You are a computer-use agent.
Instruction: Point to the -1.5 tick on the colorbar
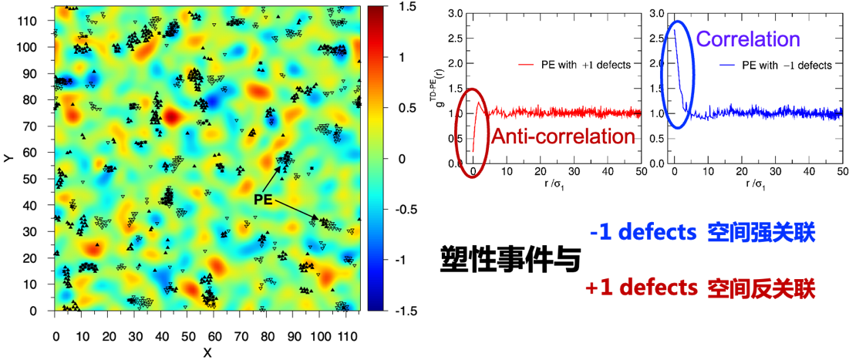pyautogui.click(x=406, y=310)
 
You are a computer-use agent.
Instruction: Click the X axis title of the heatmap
pyautogui.click(x=207, y=352)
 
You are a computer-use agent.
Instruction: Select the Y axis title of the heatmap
pyautogui.click(x=7, y=157)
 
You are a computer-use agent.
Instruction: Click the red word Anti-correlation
pyautogui.click(x=562, y=136)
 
